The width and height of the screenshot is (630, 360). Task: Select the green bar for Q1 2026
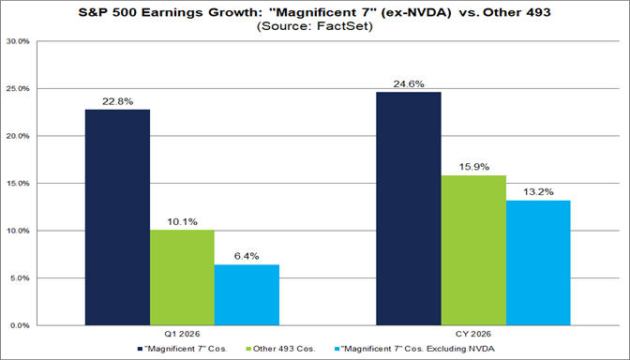[x=182, y=277]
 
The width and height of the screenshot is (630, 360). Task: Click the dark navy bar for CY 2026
[x=408, y=208]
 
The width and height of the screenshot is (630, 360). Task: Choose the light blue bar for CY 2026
[x=537, y=262]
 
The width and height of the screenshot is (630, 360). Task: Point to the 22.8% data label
[x=117, y=101]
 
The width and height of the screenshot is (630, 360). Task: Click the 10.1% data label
[x=182, y=222]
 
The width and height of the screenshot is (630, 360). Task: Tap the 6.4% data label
[x=247, y=257]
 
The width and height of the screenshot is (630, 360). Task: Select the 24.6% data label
[x=408, y=84]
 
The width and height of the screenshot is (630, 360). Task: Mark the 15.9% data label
[x=472, y=167]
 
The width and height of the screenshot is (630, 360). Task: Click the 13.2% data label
[x=537, y=192]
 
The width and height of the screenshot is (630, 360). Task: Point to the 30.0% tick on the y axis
[x=19, y=42]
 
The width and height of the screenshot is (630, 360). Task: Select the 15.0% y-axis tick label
[x=19, y=184]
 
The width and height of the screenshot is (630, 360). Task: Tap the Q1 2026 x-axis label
[x=182, y=335]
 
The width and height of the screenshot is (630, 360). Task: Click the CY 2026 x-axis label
[x=472, y=335]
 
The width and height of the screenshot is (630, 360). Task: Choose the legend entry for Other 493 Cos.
[x=286, y=349]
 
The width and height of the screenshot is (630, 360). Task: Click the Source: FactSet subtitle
[x=315, y=27]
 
